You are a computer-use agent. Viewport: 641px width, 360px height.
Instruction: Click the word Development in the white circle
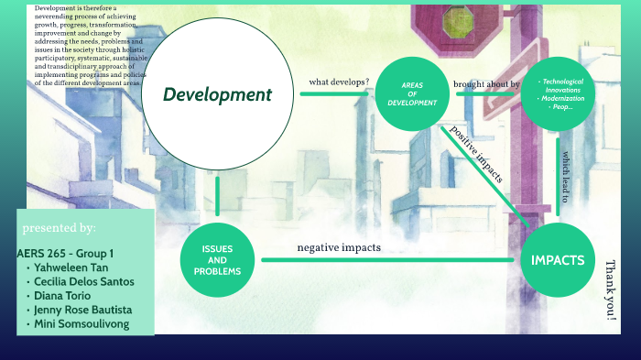(217, 95)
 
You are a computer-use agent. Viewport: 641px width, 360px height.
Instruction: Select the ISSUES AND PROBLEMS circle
(217, 260)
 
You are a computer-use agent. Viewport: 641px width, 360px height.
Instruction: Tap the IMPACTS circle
(558, 260)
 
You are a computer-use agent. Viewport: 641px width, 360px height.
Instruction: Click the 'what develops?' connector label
(339, 82)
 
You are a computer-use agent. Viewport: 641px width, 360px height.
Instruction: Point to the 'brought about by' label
(486, 84)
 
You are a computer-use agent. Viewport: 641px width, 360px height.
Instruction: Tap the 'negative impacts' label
(339, 247)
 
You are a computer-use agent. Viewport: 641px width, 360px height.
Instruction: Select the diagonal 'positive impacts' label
(475, 153)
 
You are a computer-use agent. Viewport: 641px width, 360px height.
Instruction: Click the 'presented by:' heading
(59, 227)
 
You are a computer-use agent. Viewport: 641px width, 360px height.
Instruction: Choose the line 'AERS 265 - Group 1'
(65, 253)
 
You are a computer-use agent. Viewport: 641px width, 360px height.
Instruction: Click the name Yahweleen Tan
(73, 267)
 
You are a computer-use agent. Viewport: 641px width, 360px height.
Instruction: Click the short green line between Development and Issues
(217, 196)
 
